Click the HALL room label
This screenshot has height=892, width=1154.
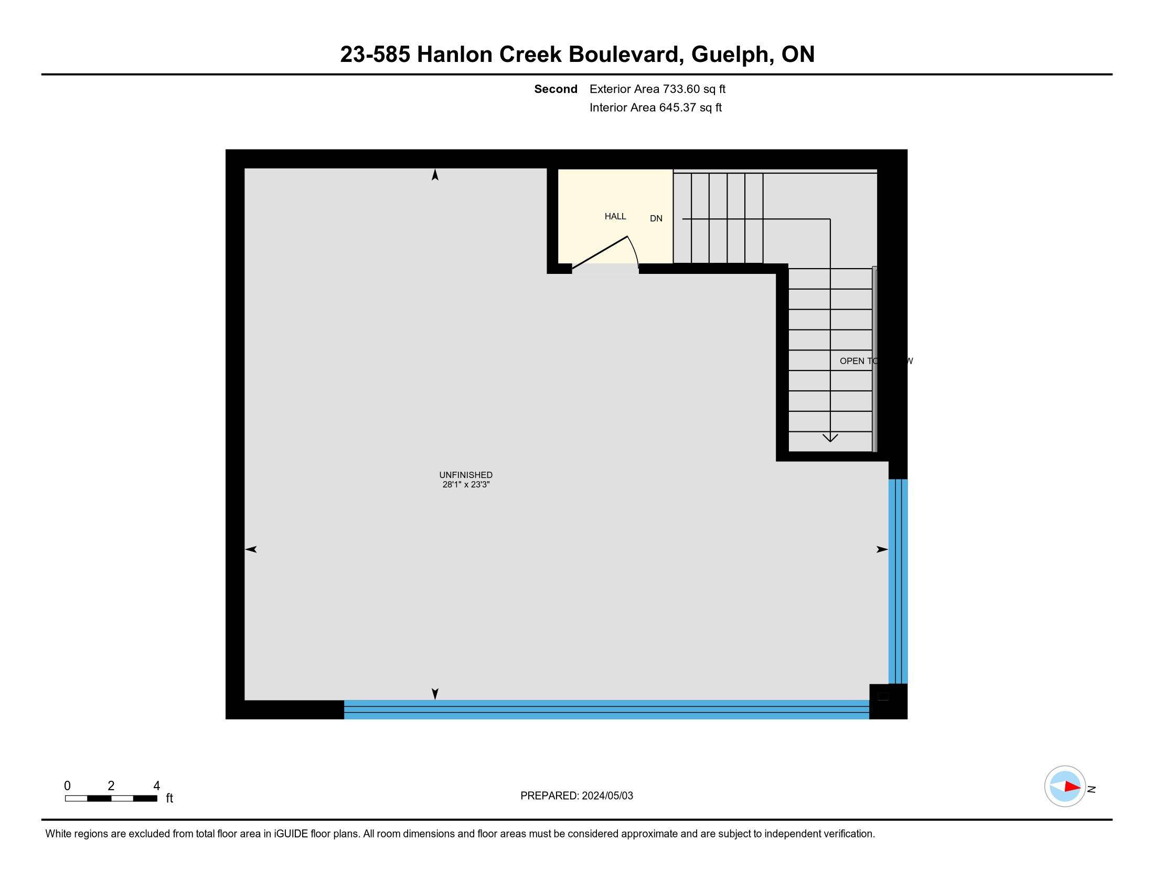click(x=615, y=216)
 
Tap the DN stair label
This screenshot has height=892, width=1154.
click(x=656, y=218)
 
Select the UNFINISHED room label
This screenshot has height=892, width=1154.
click(x=465, y=474)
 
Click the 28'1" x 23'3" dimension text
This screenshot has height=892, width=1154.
click(x=465, y=484)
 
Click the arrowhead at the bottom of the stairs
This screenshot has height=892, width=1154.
click(x=830, y=438)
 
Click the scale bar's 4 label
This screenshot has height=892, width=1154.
click(x=156, y=786)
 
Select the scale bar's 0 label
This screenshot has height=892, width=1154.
click(x=67, y=786)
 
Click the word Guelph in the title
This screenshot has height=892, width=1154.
click(x=730, y=55)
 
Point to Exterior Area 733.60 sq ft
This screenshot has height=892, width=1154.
click(x=657, y=89)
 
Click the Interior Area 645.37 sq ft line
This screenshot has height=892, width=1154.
click(x=655, y=107)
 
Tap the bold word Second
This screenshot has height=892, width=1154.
click(x=555, y=89)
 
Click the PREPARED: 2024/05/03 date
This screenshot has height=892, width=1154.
click(x=576, y=796)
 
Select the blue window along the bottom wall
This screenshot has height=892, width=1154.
click(x=606, y=709)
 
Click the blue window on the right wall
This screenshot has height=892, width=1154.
click(x=897, y=581)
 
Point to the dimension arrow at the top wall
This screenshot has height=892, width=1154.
click(x=435, y=175)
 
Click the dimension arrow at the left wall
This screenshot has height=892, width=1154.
click(x=251, y=549)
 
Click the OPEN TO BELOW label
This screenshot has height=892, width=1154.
click(x=875, y=361)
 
